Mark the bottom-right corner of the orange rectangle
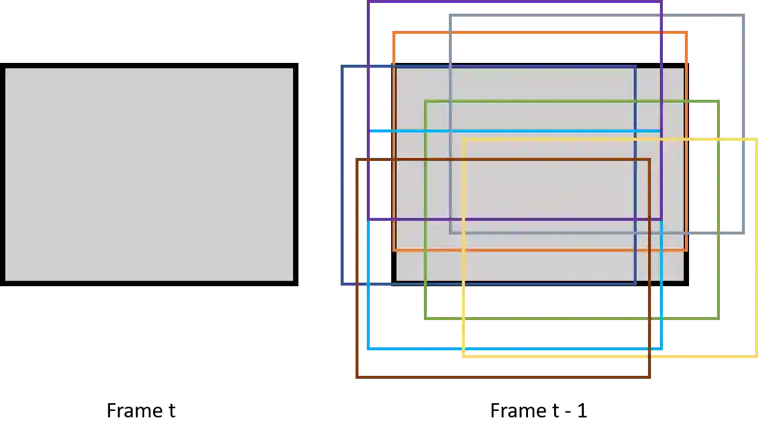[687, 249]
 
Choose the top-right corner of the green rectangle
[719, 103]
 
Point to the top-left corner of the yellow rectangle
[464, 140]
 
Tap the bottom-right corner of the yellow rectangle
[756, 357]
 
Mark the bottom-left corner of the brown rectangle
[356, 376]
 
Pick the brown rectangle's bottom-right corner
[649, 376]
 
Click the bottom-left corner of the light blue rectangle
[369, 349]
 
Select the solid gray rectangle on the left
[149, 175]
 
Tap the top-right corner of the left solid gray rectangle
[293, 68]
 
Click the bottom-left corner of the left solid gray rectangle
[5, 280]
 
